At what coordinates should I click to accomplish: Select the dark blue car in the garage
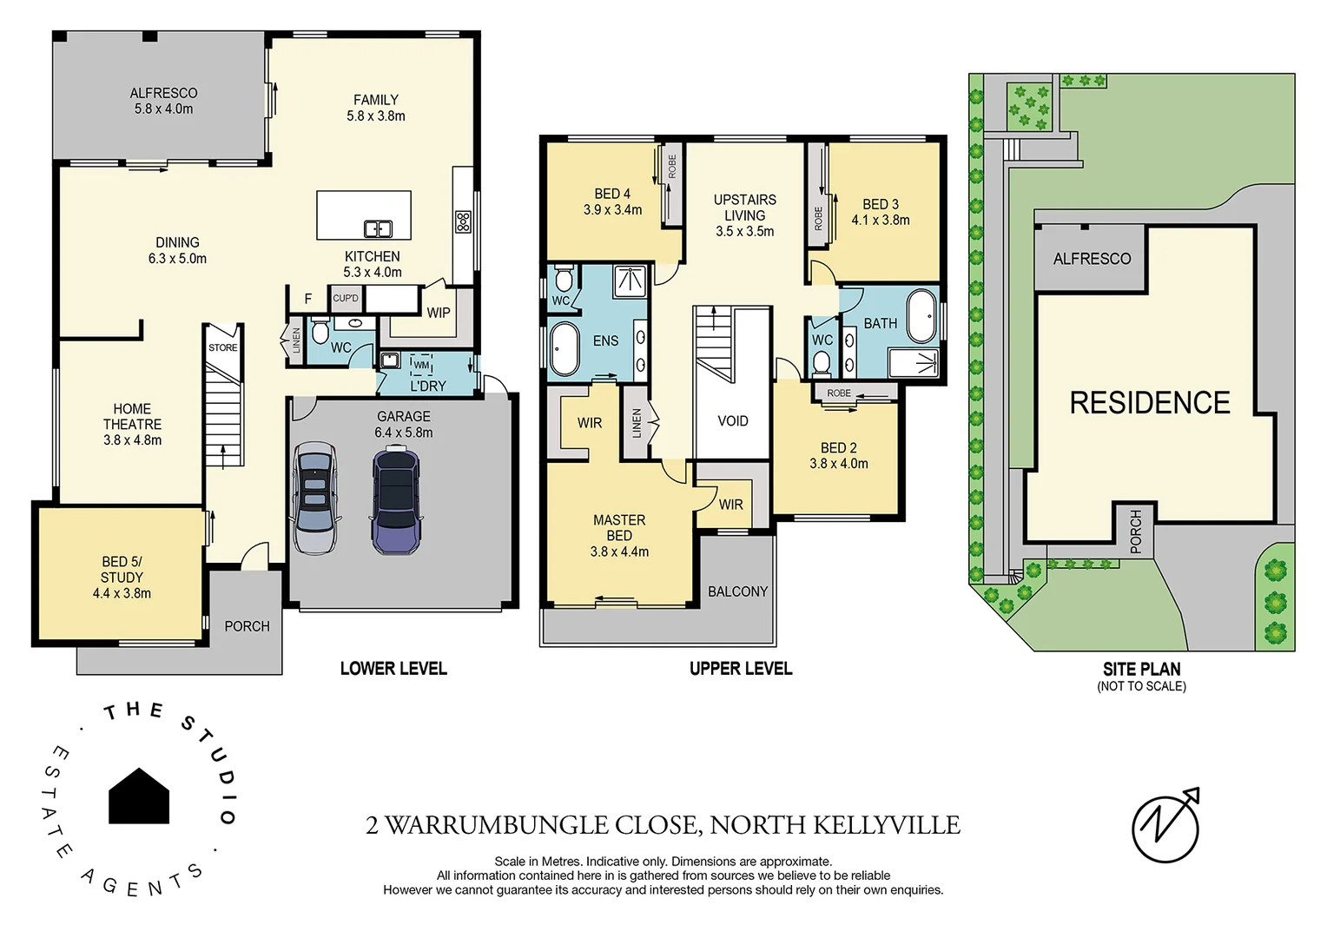coord(396,499)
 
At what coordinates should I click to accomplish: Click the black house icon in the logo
coord(139,796)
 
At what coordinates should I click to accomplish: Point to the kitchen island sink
coord(378,228)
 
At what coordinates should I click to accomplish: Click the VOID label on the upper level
coord(732,421)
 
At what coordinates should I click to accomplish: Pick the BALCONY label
coord(737,591)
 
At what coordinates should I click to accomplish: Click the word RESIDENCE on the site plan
coord(1150,403)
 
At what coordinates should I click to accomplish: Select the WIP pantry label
coord(439,313)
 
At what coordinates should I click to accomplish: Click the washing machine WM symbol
coord(421,366)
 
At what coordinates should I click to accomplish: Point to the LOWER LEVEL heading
coord(393,668)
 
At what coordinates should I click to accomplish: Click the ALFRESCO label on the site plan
coord(1092,259)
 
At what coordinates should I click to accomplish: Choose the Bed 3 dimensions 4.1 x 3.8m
coord(881,221)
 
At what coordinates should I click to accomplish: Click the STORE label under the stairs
coord(222,347)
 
